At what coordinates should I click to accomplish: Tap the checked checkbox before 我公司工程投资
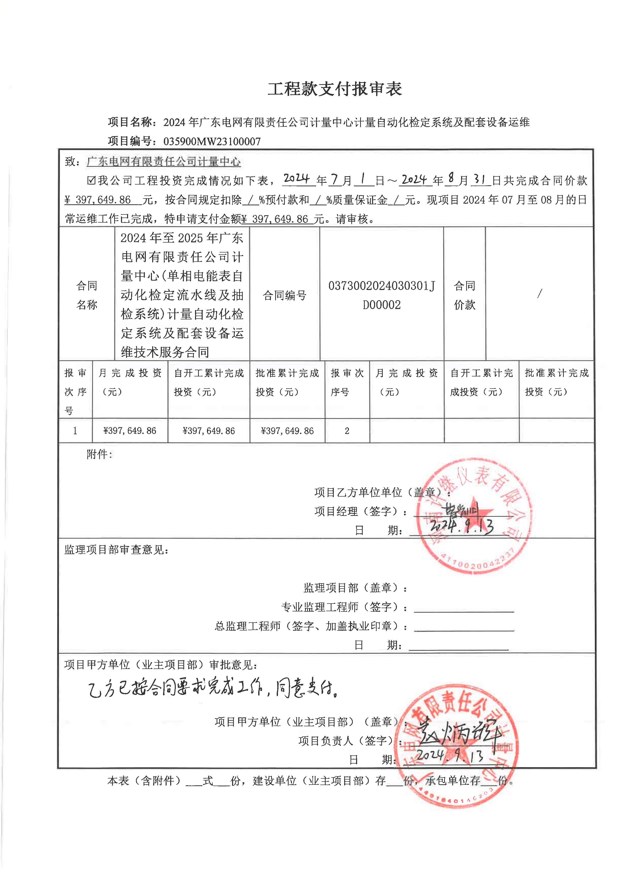pos(91,180)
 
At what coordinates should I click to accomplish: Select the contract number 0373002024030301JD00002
pos(381,295)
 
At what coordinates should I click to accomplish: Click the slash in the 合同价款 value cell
pos(539,294)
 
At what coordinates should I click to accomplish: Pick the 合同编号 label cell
pos(285,295)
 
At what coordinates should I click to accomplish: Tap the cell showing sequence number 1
pos(75,431)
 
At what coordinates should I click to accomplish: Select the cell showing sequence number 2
pos(347,431)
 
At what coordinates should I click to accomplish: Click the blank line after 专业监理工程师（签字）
pos(464,608)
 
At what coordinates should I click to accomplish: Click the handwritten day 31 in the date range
pos(480,179)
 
